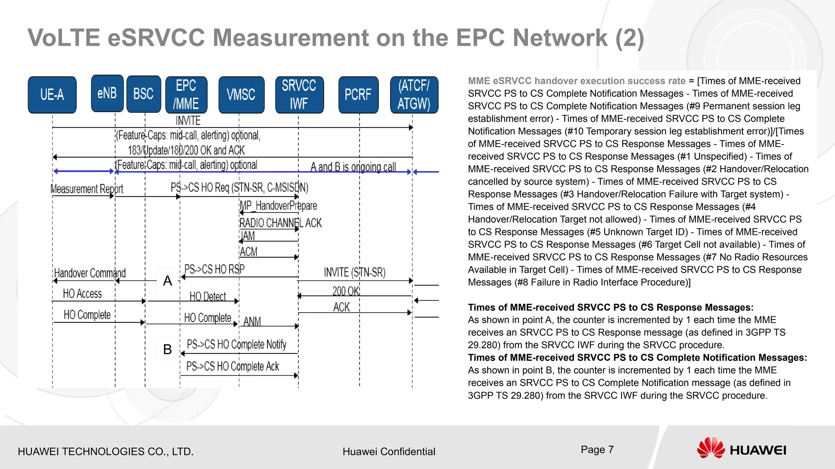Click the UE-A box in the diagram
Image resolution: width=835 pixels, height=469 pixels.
coord(52,95)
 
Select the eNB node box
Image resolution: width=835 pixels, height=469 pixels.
coord(107,93)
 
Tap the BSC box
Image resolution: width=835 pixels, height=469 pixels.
coord(144,94)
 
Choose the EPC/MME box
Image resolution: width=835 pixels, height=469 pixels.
coord(186,95)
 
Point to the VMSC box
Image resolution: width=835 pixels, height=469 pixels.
coord(241,95)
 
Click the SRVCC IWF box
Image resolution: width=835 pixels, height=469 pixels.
coord(299,95)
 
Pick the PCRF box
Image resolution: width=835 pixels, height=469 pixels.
coord(358,95)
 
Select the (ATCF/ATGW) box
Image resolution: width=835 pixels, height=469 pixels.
coord(414,95)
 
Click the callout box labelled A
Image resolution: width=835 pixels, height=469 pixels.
coord(168,281)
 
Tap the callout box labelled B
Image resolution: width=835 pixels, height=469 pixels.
coord(168,349)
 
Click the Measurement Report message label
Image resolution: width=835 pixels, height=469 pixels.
coord(87,189)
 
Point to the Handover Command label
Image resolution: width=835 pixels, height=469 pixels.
coord(90,273)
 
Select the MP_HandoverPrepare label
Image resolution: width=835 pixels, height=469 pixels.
coord(278,206)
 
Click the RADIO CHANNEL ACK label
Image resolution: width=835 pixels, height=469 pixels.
coord(281,223)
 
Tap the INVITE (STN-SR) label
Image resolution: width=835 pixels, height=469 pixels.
coord(354,272)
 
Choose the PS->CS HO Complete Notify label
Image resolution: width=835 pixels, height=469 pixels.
coord(236,344)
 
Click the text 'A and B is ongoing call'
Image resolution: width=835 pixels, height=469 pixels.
coord(353,167)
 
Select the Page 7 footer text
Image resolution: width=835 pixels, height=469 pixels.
coord(597,449)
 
